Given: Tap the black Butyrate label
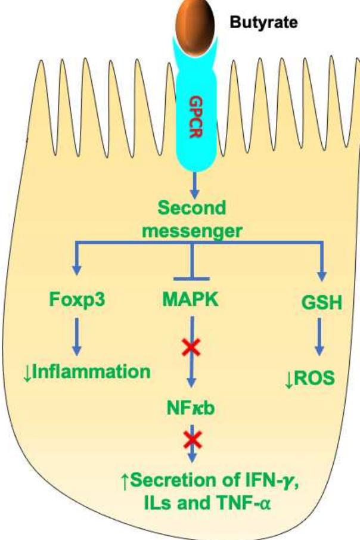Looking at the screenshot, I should coord(264,24).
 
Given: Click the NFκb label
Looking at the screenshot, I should coord(191,409).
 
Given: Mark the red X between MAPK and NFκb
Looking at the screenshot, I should coord(191,346).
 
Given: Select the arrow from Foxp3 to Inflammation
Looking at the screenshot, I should coord(76,337).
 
